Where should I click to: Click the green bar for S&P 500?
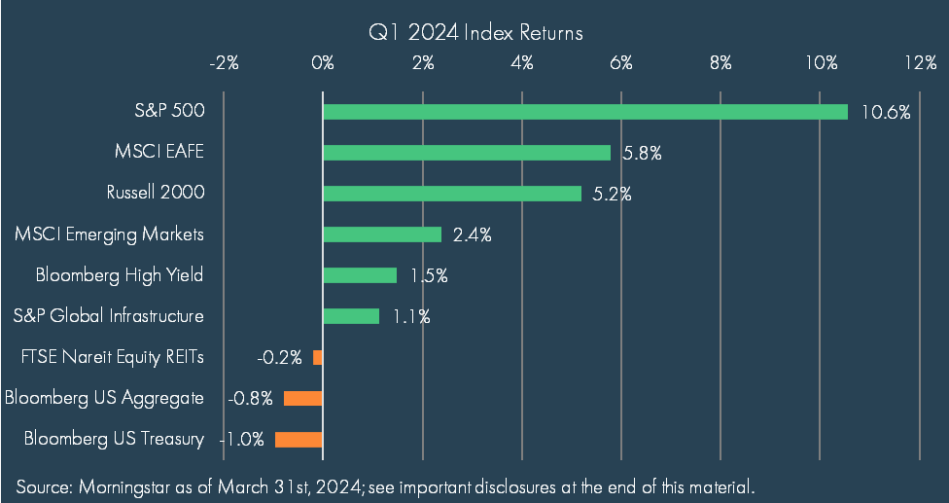585,112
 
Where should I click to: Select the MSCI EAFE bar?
467,153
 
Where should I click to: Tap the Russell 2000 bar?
452,193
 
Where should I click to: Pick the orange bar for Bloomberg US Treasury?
299,440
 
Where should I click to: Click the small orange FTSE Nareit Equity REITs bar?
318,357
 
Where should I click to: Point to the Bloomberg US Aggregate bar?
303,398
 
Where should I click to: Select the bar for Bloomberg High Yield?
360,275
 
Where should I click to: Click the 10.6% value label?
886,113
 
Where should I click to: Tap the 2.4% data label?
473,235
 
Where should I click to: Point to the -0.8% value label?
250,399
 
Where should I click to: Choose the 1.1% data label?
411,316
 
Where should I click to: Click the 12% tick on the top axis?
921,62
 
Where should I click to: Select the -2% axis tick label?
224,62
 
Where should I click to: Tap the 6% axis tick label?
621,62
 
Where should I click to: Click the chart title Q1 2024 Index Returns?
475,32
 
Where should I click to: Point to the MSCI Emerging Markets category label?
109,234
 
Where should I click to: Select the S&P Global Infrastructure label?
108,315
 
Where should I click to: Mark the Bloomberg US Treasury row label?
114,439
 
